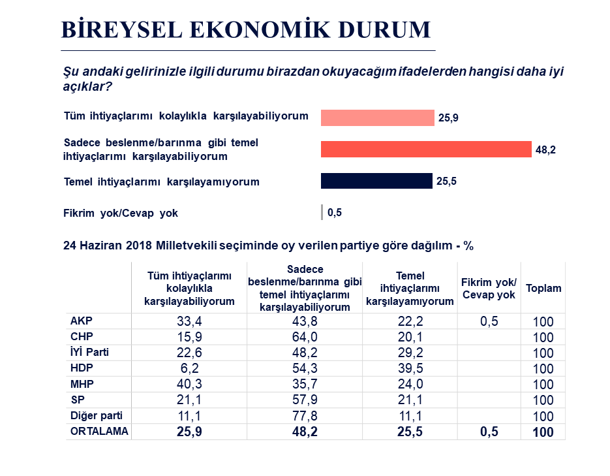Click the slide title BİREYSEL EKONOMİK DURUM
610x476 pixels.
point(246,30)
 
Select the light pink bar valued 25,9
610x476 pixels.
point(377,118)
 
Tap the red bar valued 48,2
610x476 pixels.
point(426,150)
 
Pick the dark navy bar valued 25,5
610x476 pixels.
point(376,181)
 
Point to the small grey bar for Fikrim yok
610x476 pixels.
point(322,212)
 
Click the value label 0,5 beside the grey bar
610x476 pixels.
point(335,212)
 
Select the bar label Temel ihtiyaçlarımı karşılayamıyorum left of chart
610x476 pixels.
point(161,182)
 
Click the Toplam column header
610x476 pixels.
point(543,288)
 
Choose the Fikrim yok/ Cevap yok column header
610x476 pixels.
point(489,288)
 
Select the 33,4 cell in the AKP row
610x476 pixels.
point(189,321)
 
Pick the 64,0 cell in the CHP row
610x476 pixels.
point(304,337)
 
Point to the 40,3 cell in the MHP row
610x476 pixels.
point(189,384)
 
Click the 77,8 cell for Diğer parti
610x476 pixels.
point(304,415)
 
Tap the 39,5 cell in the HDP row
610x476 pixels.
point(410,368)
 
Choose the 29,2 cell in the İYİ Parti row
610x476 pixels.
point(410,353)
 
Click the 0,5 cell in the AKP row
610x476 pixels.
point(489,321)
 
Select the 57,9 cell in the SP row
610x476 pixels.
point(304,400)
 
